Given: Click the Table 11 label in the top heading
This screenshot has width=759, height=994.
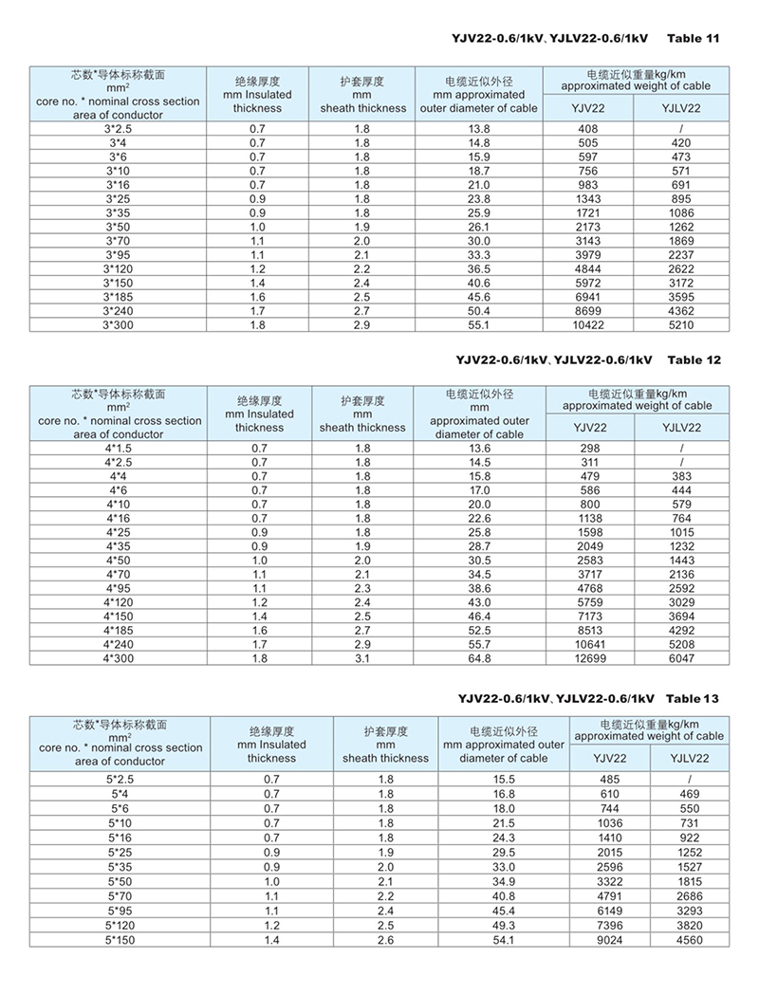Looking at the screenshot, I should (x=694, y=39).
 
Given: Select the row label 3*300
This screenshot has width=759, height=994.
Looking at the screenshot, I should (x=119, y=324).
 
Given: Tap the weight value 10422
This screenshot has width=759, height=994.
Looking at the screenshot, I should (x=588, y=324).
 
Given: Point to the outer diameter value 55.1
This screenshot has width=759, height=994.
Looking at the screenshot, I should (x=479, y=324).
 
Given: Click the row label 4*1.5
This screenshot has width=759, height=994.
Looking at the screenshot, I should (x=119, y=448).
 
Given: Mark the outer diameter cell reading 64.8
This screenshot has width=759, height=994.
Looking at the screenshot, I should (x=479, y=657).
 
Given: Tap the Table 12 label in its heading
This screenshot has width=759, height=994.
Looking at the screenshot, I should (x=694, y=359).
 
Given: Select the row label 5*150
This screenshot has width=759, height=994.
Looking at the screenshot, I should (x=119, y=940).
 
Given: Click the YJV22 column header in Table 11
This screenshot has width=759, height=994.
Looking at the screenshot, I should (x=588, y=108).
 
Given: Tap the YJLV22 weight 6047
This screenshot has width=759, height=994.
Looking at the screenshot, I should (x=689, y=657).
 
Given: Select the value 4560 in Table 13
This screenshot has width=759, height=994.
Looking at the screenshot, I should (x=690, y=940).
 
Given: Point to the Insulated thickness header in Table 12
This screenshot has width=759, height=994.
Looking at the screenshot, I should (x=259, y=414).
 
